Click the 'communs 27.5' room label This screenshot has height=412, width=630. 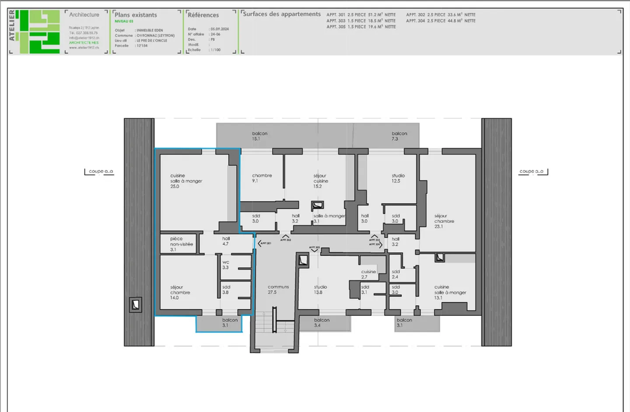(278, 290)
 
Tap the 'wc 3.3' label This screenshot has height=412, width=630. (225, 265)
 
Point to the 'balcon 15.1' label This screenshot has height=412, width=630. (259, 136)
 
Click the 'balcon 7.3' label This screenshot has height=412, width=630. (399, 136)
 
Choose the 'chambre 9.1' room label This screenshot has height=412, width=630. (262, 178)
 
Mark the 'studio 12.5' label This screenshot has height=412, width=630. (398, 178)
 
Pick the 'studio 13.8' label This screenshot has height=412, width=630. (320, 290)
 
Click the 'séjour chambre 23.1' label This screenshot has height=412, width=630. (444, 221)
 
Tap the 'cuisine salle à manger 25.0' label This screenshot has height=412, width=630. (186, 181)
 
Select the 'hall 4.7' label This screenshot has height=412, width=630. (226, 241)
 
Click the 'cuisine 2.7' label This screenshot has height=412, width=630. (368, 274)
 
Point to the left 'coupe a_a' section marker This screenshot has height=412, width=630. (100, 171)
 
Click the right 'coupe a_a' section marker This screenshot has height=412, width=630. (532, 171)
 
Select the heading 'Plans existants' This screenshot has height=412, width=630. (136, 15)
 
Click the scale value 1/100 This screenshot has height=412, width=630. (216, 50)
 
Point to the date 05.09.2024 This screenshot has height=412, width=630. (220, 29)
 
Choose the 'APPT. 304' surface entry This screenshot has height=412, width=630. (440, 21)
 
